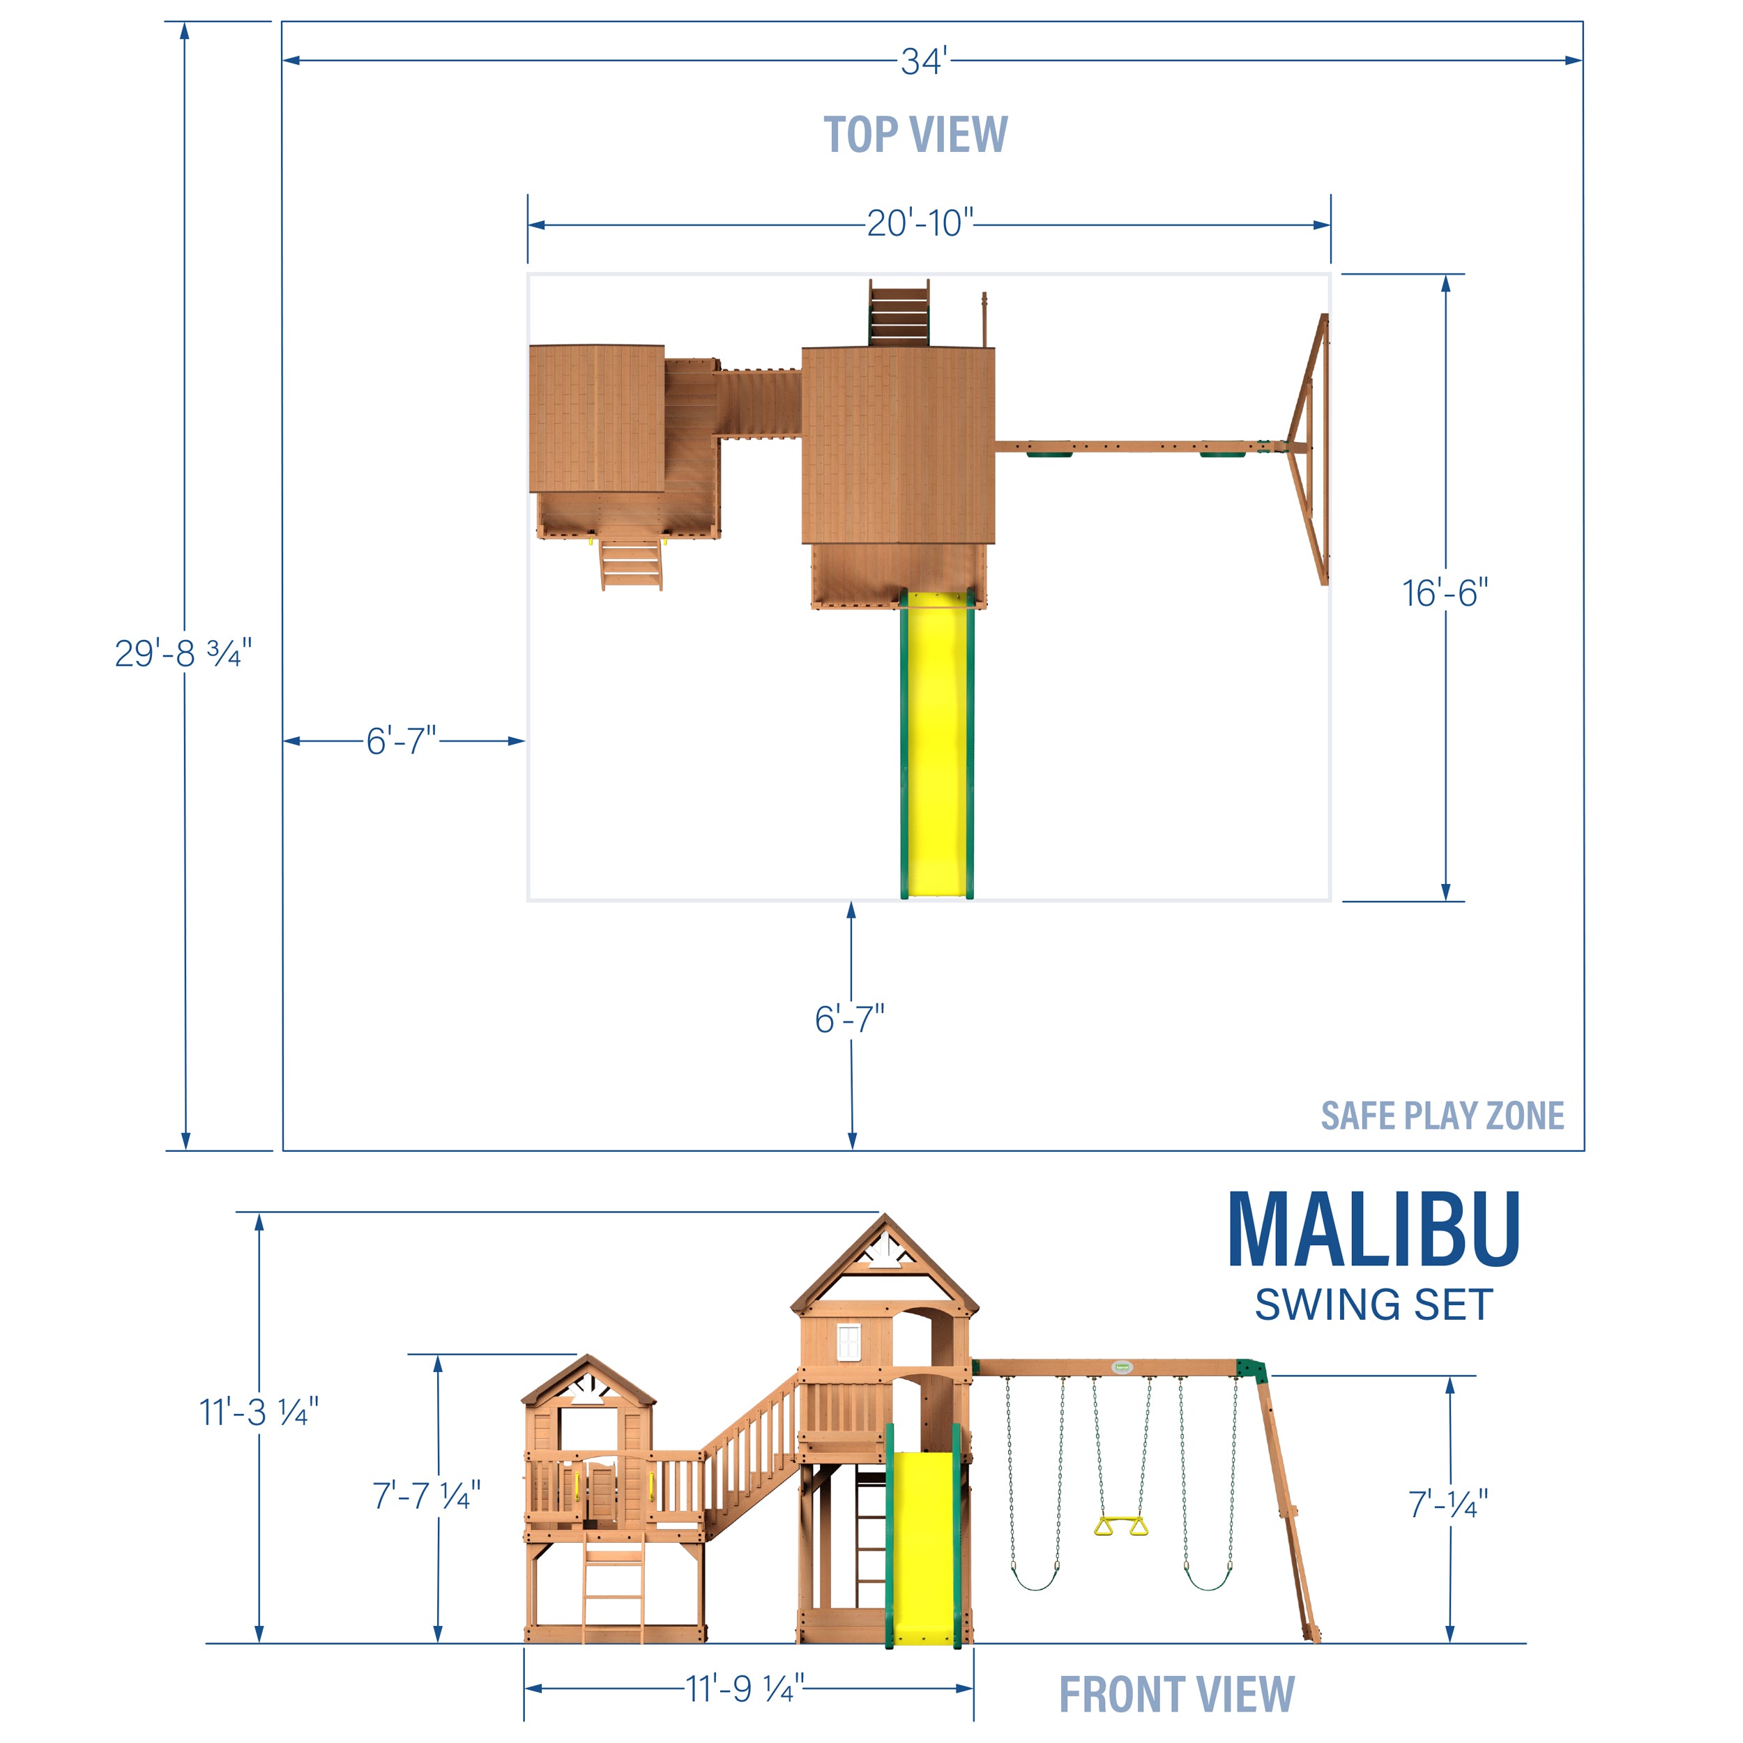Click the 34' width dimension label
click(x=924, y=61)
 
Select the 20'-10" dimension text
click(x=920, y=223)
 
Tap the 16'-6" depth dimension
click(x=1445, y=593)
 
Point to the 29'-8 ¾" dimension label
click(x=183, y=653)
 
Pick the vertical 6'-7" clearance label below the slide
click(x=849, y=1019)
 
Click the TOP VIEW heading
click(x=915, y=135)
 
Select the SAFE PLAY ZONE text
click(x=1442, y=1116)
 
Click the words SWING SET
click(x=1373, y=1305)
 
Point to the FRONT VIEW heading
click(x=1176, y=1694)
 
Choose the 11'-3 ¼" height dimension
click(x=258, y=1413)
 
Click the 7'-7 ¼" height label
click(x=426, y=1495)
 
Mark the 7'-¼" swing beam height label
click(x=1447, y=1504)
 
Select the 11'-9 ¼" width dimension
click(x=745, y=1689)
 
